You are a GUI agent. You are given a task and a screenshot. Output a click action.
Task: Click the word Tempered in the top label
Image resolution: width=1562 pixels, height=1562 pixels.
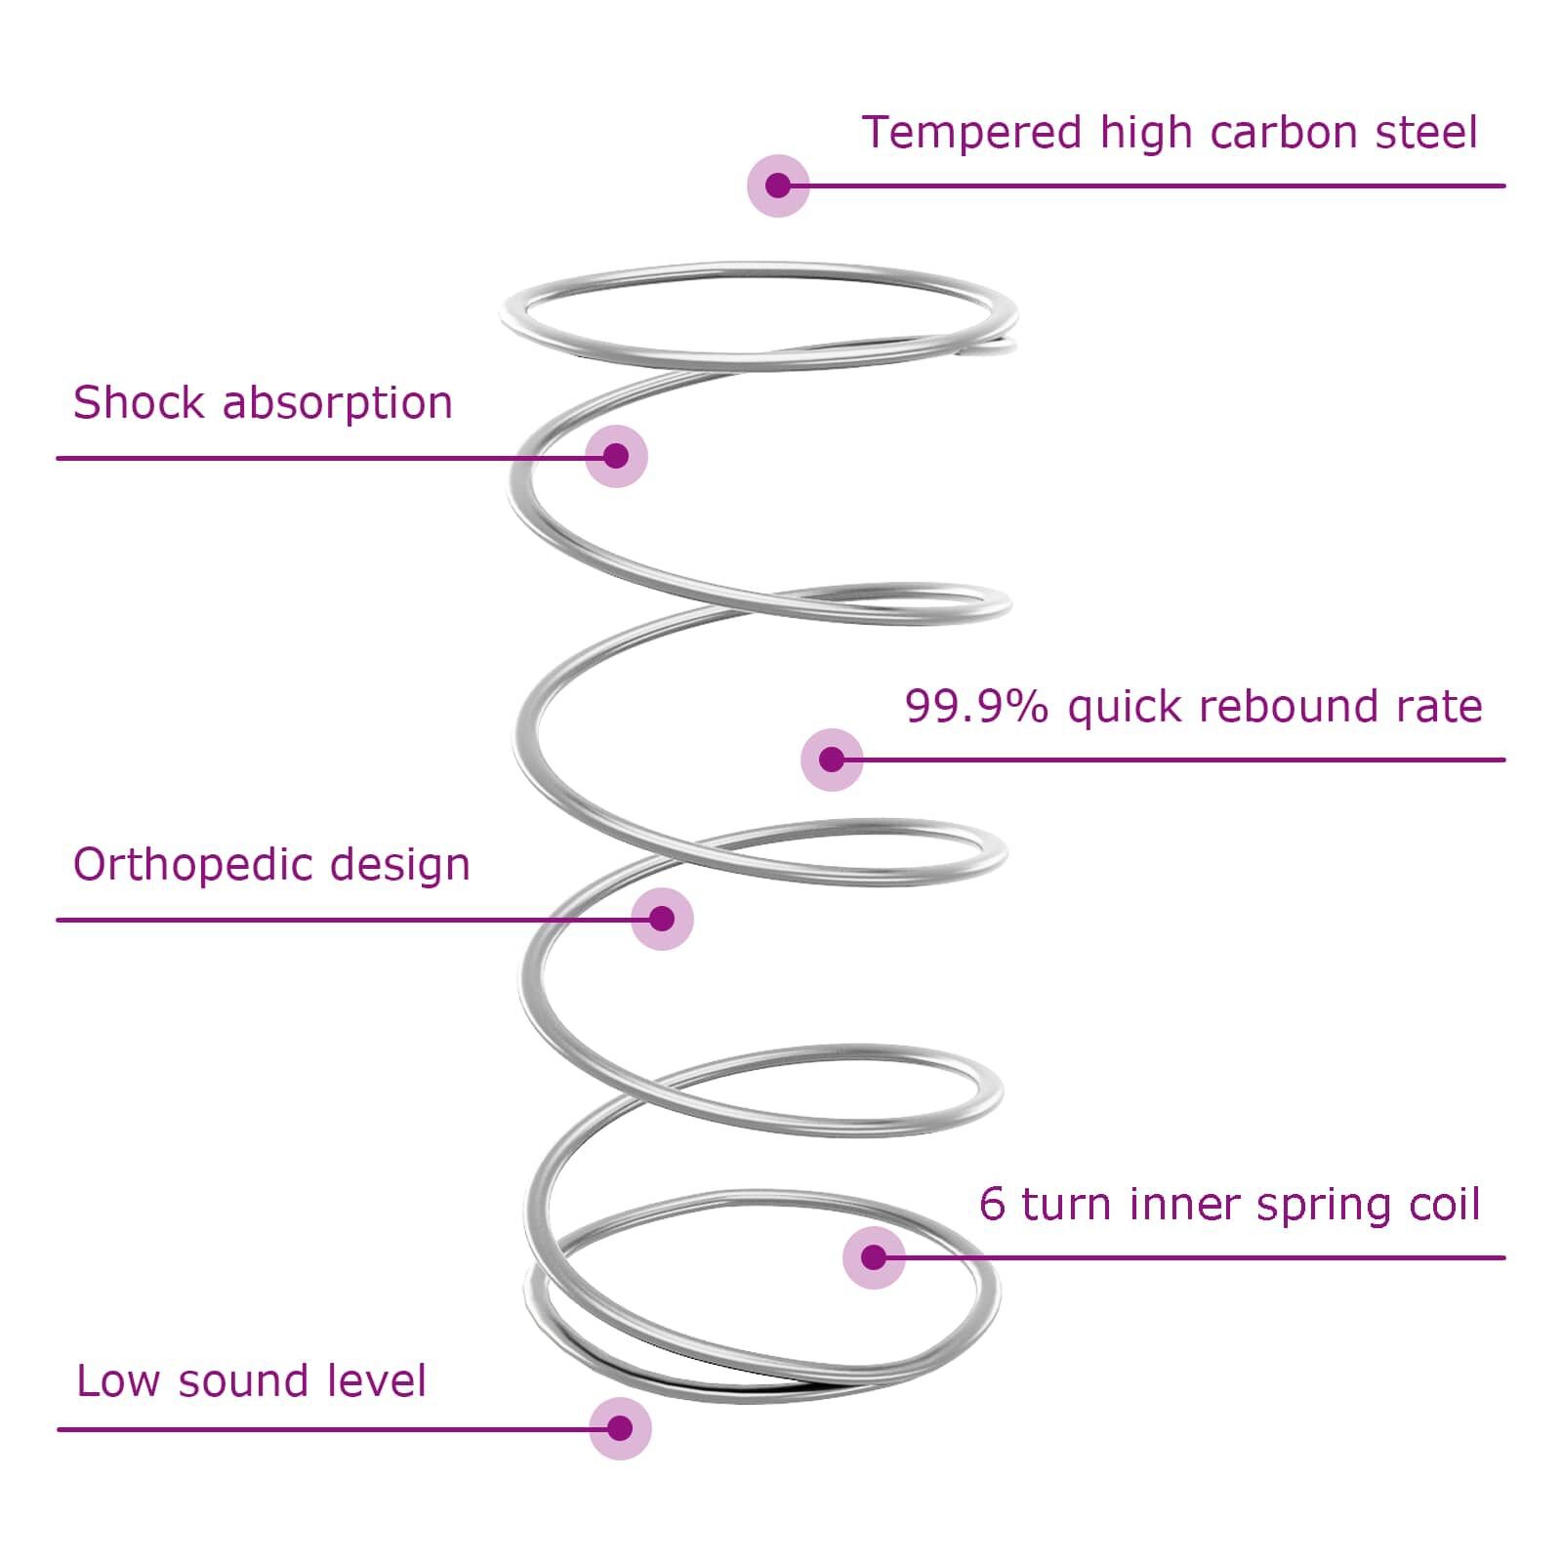971,133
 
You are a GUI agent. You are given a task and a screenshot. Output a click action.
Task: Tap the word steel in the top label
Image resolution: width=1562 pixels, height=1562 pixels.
1426,133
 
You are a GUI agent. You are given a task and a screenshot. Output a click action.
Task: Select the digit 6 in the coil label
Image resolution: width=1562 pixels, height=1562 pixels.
992,1204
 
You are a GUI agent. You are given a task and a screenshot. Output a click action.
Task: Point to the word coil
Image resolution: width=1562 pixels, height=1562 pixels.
1445,1204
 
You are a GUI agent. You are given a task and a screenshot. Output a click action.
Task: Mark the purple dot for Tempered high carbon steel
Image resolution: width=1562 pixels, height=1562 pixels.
778,185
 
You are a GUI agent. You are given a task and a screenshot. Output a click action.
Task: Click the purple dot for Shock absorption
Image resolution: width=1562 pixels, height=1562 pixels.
616,456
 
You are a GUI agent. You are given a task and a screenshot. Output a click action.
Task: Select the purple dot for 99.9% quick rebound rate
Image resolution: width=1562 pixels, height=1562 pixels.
832,760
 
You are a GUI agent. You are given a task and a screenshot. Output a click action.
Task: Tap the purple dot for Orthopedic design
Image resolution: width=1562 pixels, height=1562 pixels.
662,919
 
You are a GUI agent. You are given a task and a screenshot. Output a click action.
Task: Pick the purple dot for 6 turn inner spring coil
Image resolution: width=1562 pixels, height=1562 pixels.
874,1257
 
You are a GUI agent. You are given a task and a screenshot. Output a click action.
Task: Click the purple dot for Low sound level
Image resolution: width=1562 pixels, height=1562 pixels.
620,1428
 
